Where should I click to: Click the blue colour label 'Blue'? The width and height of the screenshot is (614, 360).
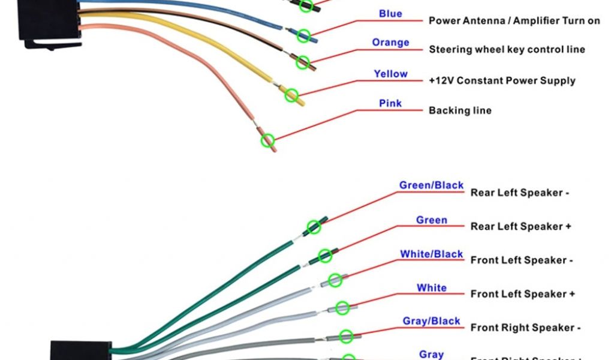tap(390, 14)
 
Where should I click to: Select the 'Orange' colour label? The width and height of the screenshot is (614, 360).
tap(390, 43)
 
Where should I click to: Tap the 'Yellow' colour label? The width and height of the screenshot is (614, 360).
tap(390, 74)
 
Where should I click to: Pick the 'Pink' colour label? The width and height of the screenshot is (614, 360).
tap(390, 103)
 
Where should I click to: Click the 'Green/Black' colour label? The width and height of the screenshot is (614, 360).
tap(431, 185)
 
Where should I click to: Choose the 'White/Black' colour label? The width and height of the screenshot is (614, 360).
tap(431, 254)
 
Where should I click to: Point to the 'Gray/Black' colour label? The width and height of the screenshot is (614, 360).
tap(431, 321)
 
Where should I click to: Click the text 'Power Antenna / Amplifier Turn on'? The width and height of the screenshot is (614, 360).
tap(514, 20)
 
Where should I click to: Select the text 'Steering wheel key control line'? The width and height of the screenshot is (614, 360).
tap(507, 49)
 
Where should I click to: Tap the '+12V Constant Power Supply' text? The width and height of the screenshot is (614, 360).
tap(502, 80)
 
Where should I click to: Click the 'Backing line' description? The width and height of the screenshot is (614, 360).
tap(460, 110)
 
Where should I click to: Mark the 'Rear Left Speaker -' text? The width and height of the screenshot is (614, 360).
tap(519, 193)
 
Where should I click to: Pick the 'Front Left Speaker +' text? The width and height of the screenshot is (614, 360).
tap(522, 294)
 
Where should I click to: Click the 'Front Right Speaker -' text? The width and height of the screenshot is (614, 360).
tap(525, 328)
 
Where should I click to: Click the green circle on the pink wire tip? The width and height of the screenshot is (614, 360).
tap(267, 140)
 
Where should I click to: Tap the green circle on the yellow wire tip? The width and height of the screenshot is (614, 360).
tap(291, 95)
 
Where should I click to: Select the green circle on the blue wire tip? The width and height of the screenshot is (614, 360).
tap(304, 35)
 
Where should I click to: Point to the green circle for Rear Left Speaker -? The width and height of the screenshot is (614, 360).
tap(314, 227)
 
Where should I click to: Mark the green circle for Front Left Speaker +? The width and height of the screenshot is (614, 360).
tap(342, 308)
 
